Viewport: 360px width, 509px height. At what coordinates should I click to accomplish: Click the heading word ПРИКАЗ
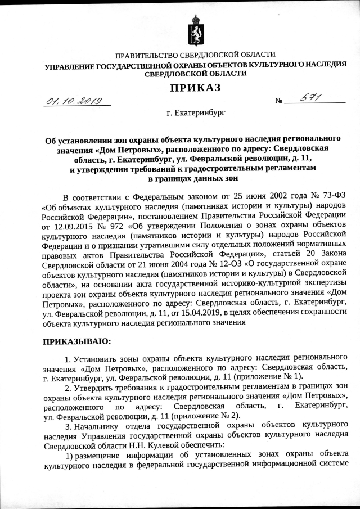(x=195, y=87)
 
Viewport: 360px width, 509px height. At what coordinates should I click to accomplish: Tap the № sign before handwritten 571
(x=278, y=102)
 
